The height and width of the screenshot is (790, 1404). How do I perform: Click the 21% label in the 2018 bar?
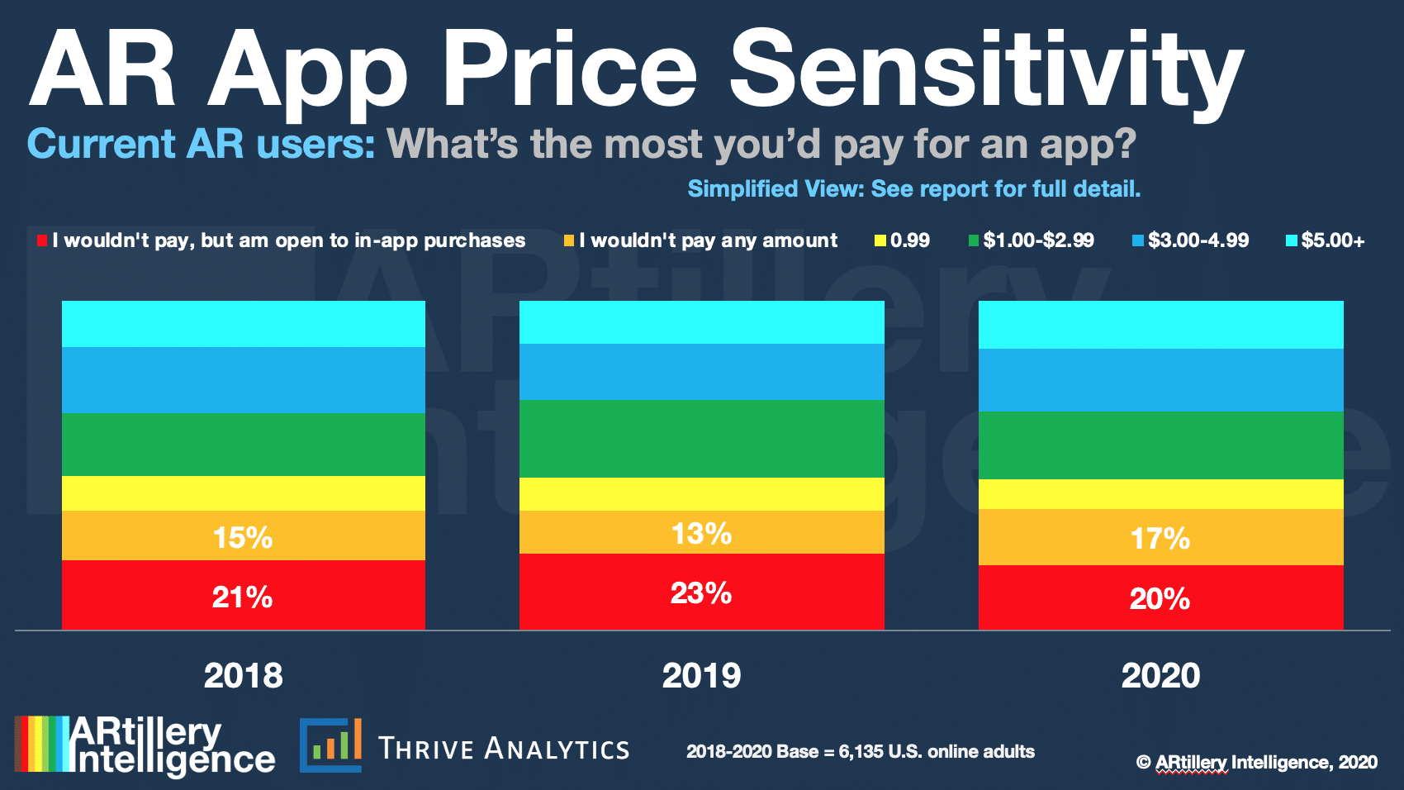pos(242,597)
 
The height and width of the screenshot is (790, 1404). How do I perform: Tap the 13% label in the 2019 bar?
pos(701,534)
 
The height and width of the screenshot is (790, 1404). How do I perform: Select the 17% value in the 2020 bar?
pos(1160,539)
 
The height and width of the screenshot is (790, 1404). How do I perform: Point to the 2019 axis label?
pos(701,676)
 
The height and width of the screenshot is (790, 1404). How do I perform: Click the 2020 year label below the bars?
pos(1160,676)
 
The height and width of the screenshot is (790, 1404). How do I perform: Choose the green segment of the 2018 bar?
pos(243,445)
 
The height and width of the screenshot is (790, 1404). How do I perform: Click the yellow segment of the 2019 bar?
pos(701,494)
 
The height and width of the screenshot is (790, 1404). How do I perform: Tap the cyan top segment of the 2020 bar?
pos(1160,325)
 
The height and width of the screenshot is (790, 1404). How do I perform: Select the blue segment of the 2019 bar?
pos(701,372)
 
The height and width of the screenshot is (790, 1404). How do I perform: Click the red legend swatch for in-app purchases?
pos(42,240)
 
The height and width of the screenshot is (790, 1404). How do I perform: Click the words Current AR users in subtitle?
pos(201,145)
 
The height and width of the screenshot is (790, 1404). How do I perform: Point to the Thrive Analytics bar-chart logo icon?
pos(330,745)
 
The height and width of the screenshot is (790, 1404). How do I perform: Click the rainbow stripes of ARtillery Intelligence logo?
pos(40,744)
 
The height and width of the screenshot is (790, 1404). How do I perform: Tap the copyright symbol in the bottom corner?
pos(1143,763)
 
